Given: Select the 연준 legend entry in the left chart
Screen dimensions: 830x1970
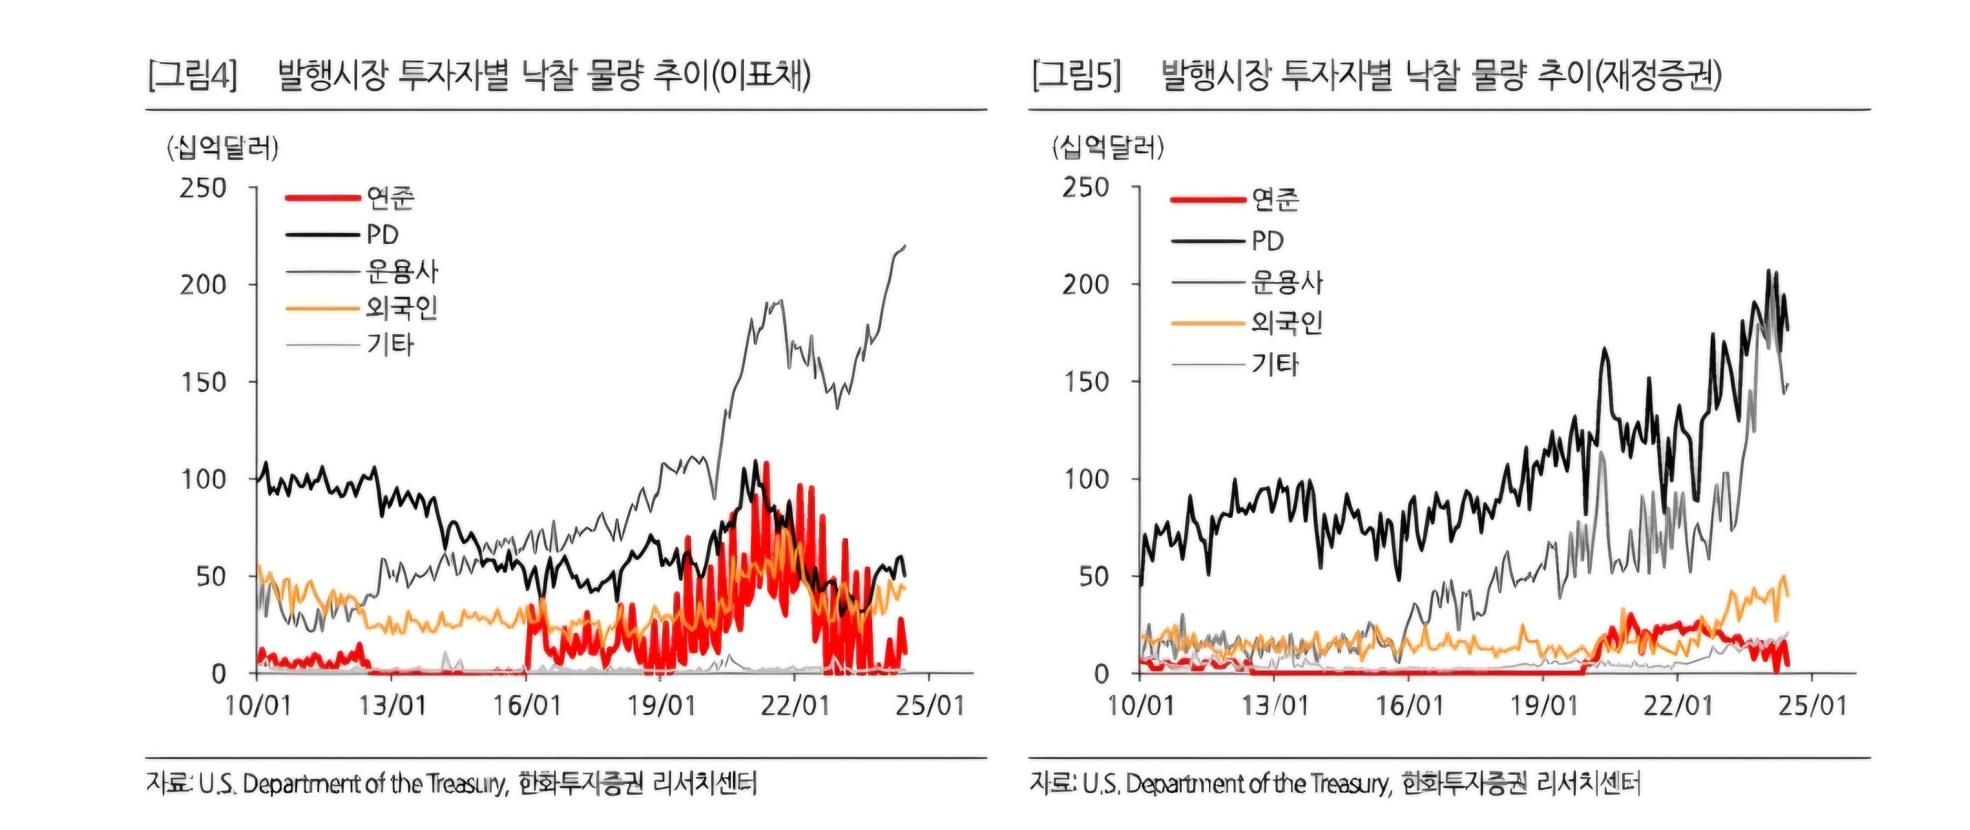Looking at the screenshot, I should (390, 198).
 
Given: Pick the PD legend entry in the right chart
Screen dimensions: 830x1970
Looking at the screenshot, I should (1267, 241).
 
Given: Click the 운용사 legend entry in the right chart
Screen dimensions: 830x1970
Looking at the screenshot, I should (1287, 282).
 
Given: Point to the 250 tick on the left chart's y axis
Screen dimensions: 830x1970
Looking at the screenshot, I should (203, 188).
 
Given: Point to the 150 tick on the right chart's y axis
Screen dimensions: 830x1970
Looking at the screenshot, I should (1086, 382).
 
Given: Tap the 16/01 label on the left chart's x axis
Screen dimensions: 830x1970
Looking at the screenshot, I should (527, 705).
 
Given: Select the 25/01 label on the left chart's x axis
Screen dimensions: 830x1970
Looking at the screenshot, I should (930, 705).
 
